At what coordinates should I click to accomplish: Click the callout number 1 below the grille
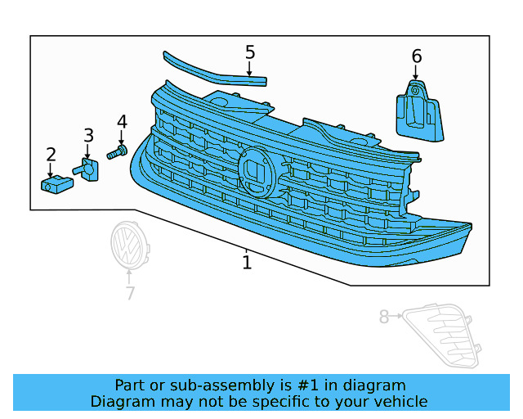tap(247, 263)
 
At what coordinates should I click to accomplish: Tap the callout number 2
tap(51, 155)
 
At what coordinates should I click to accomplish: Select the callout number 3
tap(88, 135)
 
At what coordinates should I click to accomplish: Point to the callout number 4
tap(122, 122)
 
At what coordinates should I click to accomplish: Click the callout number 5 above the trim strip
tap(250, 52)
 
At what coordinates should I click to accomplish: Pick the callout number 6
tap(417, 56)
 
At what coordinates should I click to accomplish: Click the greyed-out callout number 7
tap(130, 293)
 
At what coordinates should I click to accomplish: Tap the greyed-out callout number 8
tap(384, 317)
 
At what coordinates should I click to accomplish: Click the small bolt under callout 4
tap(117, 152)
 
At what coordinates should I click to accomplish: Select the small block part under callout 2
tap(57, 184)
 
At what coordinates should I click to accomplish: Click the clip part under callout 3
tap(87, 169)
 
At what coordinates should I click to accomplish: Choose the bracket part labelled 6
tap(419, 111)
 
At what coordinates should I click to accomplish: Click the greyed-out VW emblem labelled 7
tap(130, 245)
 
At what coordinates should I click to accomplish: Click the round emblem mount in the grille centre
tap(257, 173)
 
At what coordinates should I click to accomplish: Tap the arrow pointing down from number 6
tap(416, 72)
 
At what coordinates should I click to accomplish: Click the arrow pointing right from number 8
tap(396, 315)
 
